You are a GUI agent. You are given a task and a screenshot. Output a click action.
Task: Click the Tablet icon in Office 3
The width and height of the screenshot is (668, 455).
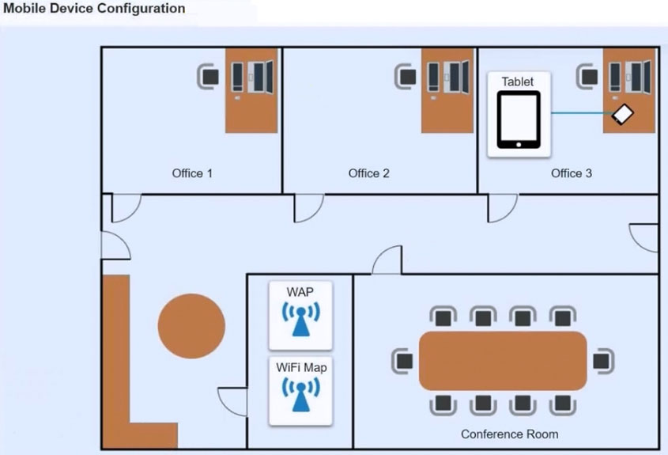coord(519,119)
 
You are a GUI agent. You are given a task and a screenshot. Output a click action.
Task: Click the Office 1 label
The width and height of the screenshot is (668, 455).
coord(192,173)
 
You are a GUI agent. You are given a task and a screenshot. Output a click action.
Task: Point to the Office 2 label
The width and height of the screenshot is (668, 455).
coord(368,173)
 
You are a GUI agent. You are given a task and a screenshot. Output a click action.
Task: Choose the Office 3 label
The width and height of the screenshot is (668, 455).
coord(571,173)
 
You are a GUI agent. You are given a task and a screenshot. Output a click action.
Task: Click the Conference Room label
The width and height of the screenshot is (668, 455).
coord(509,434)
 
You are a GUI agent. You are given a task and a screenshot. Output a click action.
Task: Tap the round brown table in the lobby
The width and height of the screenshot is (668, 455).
coord(191,325)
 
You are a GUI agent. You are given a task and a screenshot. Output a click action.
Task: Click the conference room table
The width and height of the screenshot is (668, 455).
coord(502,361)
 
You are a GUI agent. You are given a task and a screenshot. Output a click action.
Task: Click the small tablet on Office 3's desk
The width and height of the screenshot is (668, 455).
coord(622,115)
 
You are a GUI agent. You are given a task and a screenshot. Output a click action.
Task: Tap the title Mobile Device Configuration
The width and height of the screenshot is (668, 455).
coord(95,9)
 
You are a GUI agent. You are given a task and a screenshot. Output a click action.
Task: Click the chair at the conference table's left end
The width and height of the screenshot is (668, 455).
coord(402,361)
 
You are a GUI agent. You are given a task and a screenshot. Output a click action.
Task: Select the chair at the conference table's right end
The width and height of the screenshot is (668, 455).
coord(602,361)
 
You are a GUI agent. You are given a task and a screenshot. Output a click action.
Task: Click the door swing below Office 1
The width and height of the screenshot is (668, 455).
coord(125,207)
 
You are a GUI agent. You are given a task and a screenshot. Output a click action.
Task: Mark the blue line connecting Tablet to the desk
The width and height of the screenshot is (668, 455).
coord(577,113)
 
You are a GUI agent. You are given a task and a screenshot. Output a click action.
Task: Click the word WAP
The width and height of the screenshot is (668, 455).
coord(300,292)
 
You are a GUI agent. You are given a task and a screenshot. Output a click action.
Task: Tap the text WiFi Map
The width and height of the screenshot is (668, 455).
coord(300,367)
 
